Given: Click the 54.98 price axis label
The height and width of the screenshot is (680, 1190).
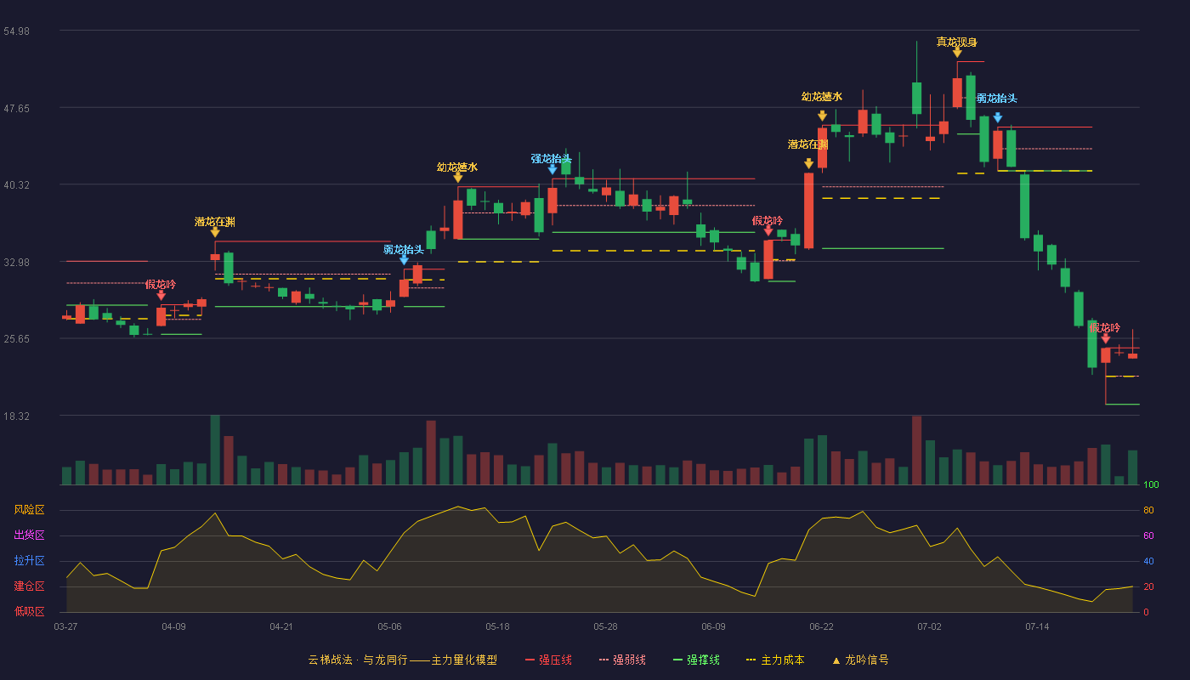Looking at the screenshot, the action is [16, 31].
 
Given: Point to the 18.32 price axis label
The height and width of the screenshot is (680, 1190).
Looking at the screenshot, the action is [16, 416].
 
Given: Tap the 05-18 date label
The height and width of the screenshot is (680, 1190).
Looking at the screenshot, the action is [497, 627].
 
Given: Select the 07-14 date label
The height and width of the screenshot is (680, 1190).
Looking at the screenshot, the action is [1037, 627].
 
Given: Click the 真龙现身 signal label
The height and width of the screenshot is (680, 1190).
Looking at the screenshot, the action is [957, 42].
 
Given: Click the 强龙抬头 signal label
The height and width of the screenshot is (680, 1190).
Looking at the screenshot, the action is [551, 158].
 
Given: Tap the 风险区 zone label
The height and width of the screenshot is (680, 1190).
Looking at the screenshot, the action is [29, 510].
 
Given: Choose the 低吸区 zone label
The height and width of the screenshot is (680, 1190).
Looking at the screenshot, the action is [29, 611].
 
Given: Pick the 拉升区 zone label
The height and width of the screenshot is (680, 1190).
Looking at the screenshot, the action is [29, 560].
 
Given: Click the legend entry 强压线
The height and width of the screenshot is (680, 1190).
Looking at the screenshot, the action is [548, 660].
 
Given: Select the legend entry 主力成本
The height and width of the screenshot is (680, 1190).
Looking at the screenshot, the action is [775, 660].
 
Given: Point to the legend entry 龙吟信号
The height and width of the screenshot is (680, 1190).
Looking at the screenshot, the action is [860, 660].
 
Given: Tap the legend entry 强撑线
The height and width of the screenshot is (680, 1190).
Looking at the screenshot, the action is [696, 660].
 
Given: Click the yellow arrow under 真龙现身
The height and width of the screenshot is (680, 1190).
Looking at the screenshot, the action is [957, 53].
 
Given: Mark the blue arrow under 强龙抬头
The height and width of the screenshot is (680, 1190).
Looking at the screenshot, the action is [552, 169].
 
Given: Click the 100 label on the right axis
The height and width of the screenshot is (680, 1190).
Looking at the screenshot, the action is [1151, 484].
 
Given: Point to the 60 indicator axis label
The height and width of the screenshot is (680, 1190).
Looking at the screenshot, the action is [1148, 535].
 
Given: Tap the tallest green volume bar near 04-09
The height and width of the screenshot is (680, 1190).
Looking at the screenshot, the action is [215, 450].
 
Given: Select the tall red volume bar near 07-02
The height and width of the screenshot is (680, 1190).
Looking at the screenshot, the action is [916, 450].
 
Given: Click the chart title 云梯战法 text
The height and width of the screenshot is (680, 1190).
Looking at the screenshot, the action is [330, 660].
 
